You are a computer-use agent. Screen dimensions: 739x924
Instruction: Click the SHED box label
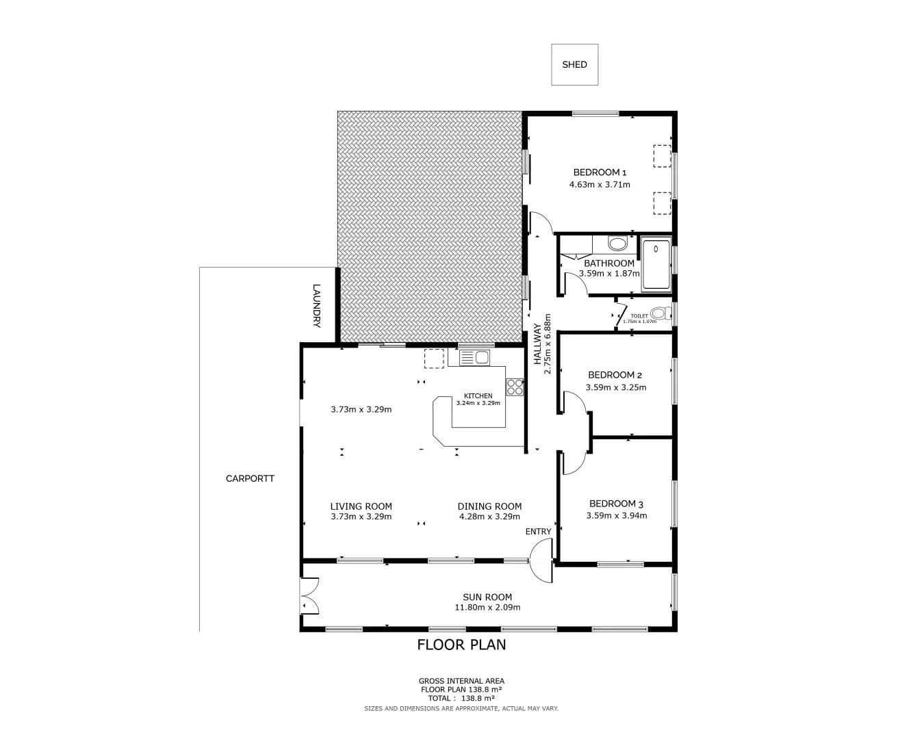(x=574, y=64)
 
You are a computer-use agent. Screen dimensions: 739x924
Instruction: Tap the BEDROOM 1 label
(x=600, y=172)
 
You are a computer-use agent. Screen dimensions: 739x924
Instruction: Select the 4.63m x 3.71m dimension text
(x=600, y=185)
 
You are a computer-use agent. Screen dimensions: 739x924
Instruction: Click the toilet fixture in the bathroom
(x=617, y=244)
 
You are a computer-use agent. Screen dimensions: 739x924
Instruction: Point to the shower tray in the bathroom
(x=656, y=264)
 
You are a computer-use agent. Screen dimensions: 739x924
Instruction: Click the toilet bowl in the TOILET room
(x=658, y=313)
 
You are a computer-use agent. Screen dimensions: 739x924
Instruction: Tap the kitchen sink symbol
(x=474, y=357)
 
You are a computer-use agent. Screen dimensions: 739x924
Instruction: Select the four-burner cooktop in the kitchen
(x=515, y=387)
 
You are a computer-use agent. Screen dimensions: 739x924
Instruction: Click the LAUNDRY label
(x=316, y=305)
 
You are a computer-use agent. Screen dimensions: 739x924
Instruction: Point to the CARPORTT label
(x=250, y=478)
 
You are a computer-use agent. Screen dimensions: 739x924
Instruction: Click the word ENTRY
(x=538, y=532)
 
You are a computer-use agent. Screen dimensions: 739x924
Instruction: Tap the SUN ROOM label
(x=487, y=597)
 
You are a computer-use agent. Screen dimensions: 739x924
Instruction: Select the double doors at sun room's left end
(x=309, y=595)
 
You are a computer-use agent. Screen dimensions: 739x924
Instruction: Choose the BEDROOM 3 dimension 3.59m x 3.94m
(x=616, y=516)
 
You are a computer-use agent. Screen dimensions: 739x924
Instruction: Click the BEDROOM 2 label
(x=615, y=375)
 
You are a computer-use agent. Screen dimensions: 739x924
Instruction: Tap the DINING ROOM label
(x=489, y=506)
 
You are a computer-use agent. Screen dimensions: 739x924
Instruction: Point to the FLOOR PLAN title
(x=461, y=645)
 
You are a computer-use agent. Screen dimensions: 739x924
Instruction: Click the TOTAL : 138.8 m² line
(x=461, y=699)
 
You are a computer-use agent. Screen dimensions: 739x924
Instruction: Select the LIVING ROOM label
(x=361, y=506)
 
